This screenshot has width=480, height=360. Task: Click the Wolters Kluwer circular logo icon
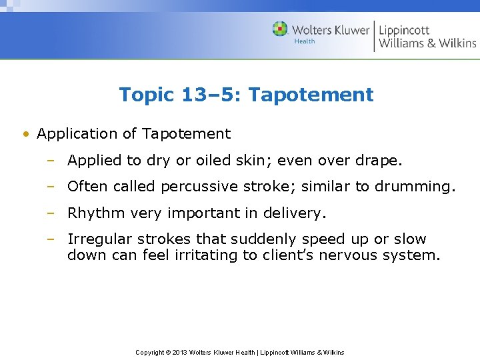tap(280, 29)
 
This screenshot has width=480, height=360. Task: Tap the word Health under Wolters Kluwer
tap(304, 41)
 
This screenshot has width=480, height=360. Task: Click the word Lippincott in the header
tap(404, 29)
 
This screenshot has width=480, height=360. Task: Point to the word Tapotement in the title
tap(311, 95)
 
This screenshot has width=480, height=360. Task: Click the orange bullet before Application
tap(25, 134)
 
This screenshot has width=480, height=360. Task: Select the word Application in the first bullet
tap(78, 134)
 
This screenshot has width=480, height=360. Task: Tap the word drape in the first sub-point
tap(381, 160)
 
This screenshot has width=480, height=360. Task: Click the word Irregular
tap(99, 239)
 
